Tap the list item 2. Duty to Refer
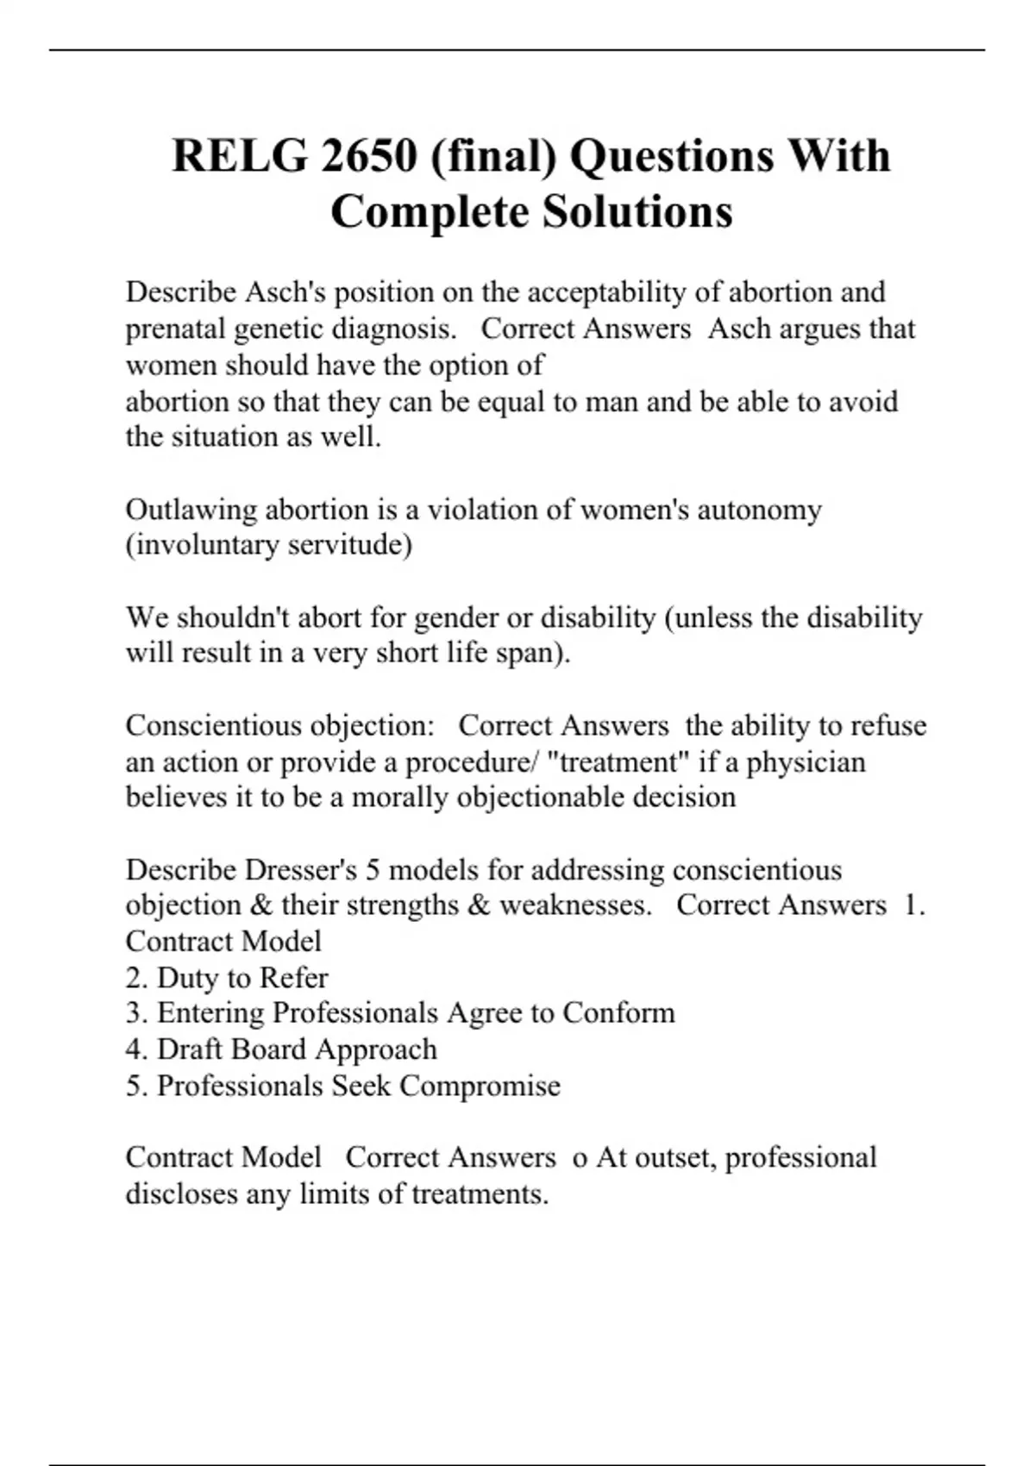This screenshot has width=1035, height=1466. [x=227, y=978]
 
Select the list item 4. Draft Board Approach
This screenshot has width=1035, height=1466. [x=281, y=1049]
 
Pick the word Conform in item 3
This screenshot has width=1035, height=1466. [x=618, y=1012]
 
